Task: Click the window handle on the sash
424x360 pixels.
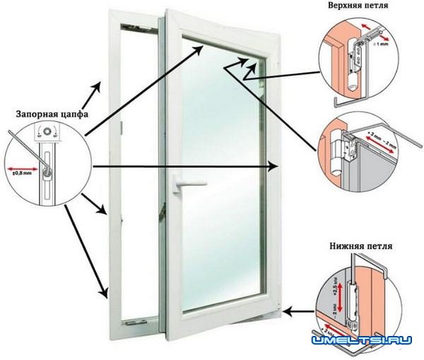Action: coord(185,185)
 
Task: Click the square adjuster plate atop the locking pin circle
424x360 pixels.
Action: coord(47,131)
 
